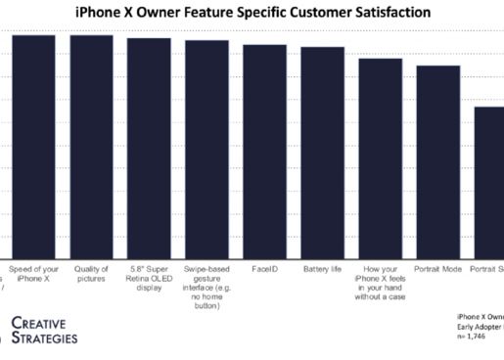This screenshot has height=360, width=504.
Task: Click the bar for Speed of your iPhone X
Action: click(33, 147)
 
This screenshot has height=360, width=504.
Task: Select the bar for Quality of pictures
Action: click(91, 147)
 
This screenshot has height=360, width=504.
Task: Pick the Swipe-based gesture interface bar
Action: click(206, 150)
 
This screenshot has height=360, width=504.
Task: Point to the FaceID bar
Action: click(264, 152)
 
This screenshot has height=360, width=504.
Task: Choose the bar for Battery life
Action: click(322, 153)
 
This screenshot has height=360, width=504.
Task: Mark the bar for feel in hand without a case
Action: click(380, 158)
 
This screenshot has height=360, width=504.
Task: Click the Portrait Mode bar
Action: click(437, 162)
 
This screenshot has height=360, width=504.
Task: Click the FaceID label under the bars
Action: click(264, 268)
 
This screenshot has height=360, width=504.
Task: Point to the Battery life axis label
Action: click(322, 268)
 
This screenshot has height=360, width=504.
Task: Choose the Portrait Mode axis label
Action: click(437, 268)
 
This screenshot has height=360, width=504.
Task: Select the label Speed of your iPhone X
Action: click(33, 273)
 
